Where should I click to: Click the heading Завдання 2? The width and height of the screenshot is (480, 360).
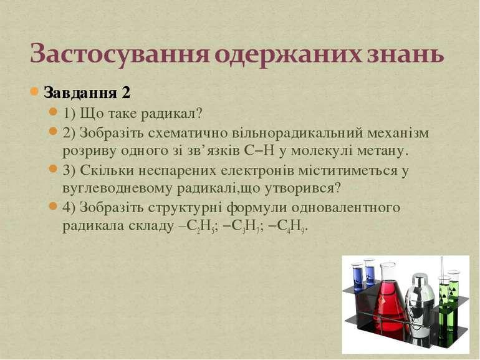coord(87,92)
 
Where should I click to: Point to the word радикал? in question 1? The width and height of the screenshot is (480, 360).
coord(171,114)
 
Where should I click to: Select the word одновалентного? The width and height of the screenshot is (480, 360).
coord(345,208)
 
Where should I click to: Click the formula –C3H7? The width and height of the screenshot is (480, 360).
coord(243,226)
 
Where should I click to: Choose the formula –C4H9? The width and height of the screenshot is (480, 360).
coord(288,226)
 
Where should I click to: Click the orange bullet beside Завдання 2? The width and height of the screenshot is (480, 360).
coord(34,91)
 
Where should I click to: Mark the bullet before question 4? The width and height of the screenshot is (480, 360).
coord(53,206)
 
